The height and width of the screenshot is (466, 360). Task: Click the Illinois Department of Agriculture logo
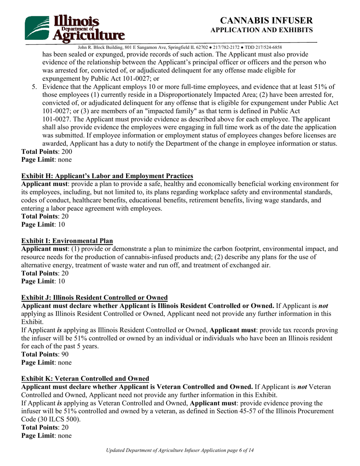(75, 28)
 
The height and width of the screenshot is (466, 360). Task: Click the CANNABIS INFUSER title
(266, 20)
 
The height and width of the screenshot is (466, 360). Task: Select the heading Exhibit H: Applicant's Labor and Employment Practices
(107, 176)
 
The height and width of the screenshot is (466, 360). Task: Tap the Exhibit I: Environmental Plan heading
(67, 241)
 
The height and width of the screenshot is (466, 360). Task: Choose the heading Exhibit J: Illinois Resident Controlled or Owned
(94, 297)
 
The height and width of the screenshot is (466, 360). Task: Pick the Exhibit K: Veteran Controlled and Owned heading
(85, 378)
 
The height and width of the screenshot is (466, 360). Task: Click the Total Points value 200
(66, 152)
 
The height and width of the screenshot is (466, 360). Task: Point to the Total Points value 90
(65, 354)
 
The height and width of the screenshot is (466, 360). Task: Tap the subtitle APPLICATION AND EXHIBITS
(261, 30)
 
